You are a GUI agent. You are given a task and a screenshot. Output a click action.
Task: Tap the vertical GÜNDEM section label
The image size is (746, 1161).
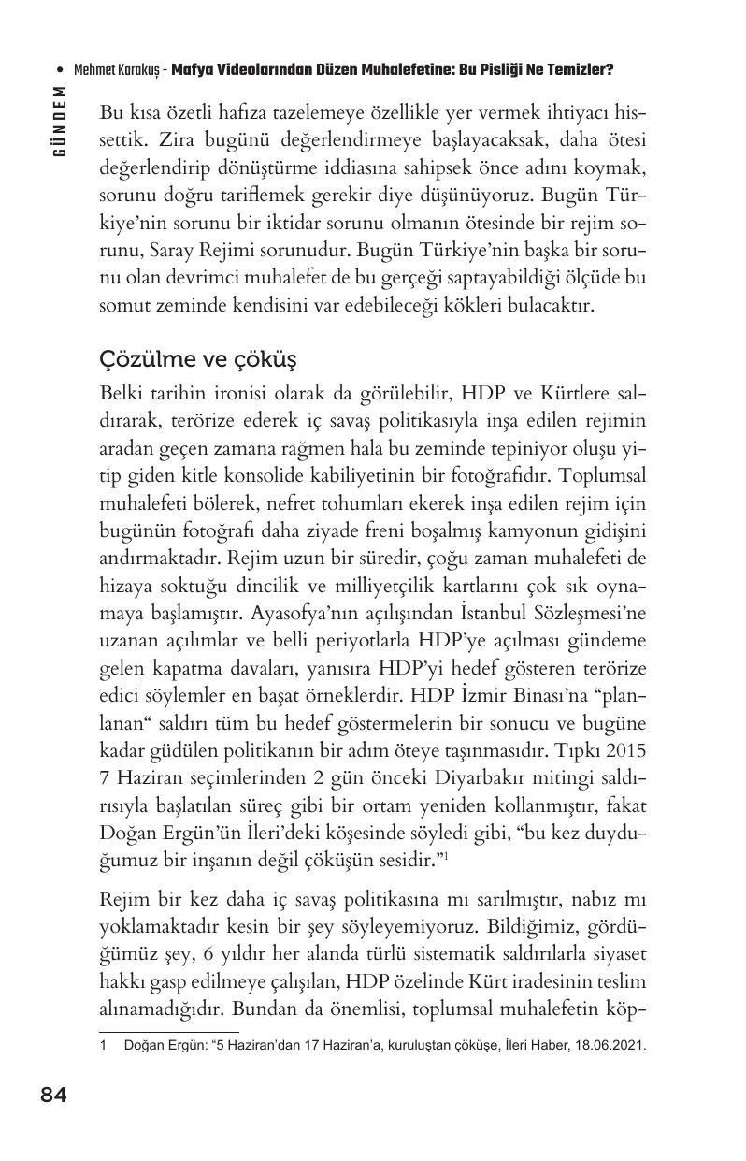[x=60, y=120]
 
